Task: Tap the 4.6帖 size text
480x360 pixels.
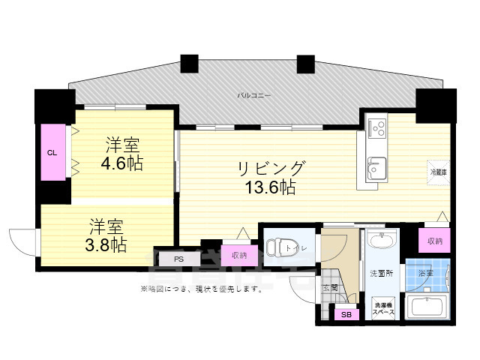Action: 124,162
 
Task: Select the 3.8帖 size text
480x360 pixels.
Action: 108,244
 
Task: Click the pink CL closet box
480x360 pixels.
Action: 52,152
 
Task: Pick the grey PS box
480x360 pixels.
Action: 178,259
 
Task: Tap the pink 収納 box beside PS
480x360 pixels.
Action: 238,256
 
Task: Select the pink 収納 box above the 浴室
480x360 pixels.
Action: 434,241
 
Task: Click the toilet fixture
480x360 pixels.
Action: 282,247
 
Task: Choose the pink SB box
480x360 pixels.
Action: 346,315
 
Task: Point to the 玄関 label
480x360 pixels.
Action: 330,287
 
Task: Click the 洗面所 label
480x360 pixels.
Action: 381,274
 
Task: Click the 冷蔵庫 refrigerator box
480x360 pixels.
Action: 438,172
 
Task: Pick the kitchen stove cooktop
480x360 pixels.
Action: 377,127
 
